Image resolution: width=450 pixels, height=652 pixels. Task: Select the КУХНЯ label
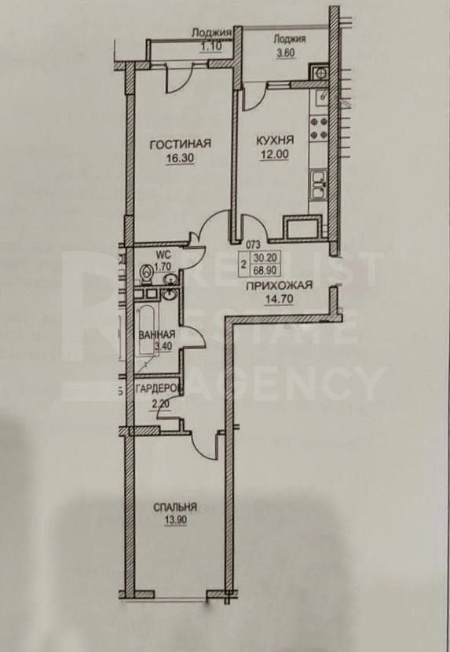(275, 140)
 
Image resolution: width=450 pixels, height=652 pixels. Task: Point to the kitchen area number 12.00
(275, 154)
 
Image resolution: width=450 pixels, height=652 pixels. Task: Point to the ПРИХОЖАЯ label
(273, 287)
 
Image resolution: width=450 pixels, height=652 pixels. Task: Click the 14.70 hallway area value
(273, 300)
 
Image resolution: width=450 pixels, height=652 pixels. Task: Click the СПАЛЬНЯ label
(175, 507)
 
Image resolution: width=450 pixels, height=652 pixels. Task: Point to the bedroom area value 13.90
(175, 519)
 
